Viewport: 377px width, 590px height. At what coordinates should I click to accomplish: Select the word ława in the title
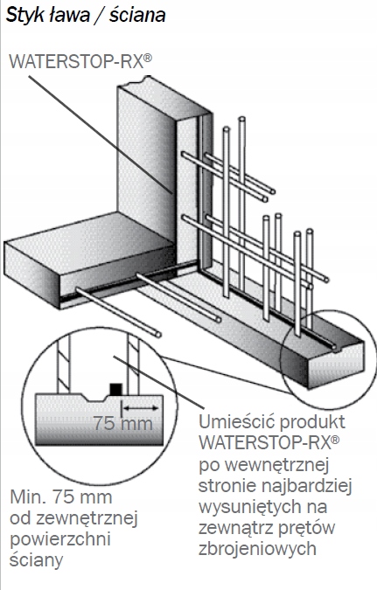pyautogui.click(x=69, y=16)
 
